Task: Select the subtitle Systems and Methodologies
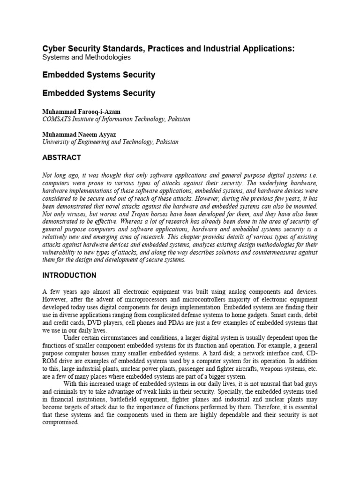pos(87,57)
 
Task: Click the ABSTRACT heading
pos(61,157)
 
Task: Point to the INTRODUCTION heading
pos(69,275)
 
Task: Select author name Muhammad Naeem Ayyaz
pos(80,134)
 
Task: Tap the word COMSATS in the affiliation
pos(59,119)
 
